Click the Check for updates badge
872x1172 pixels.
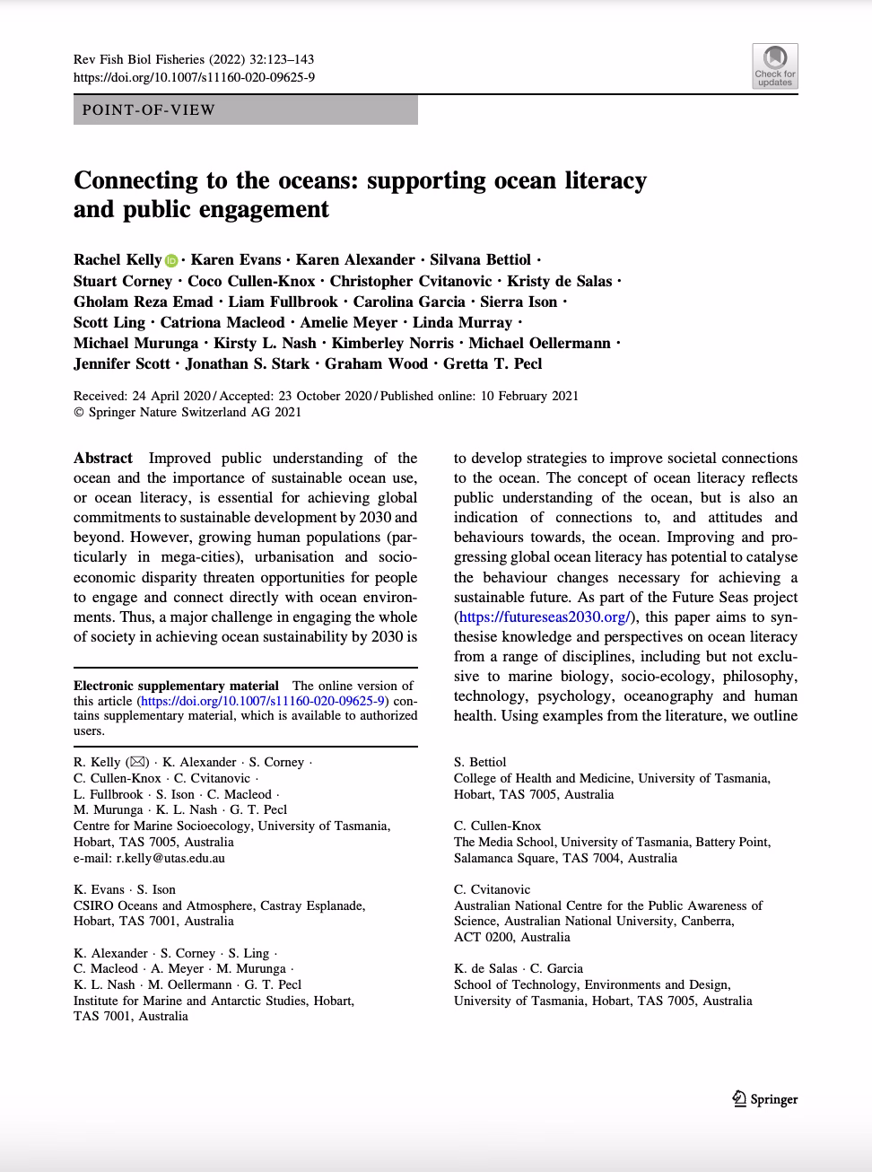775,66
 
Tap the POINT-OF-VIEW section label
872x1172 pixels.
149,110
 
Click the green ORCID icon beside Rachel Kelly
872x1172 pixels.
171,260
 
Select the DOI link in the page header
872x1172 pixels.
194,77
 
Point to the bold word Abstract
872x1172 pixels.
103,458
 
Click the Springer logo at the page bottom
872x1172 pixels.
764,1098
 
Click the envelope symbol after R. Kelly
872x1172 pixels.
137,762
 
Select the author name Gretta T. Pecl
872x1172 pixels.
493,363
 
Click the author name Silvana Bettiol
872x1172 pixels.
480,259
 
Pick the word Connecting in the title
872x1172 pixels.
135,180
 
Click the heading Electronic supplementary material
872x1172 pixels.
176,686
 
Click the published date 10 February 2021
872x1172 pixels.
529,396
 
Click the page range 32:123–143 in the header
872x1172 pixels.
281,59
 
